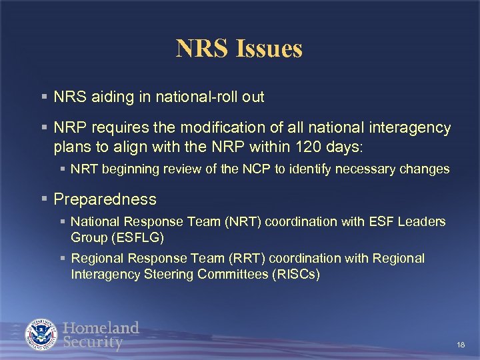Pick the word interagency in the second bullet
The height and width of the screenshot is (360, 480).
click(x=412, y=127)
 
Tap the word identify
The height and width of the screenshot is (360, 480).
click(x=301, y=169)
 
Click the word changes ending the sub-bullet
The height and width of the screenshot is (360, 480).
click(x=425, y=169)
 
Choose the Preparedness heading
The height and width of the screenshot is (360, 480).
click(x=105, y=199)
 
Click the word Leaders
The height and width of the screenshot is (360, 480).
click(x=422, y=221)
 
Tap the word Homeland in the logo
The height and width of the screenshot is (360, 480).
click(x=101, y=327)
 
